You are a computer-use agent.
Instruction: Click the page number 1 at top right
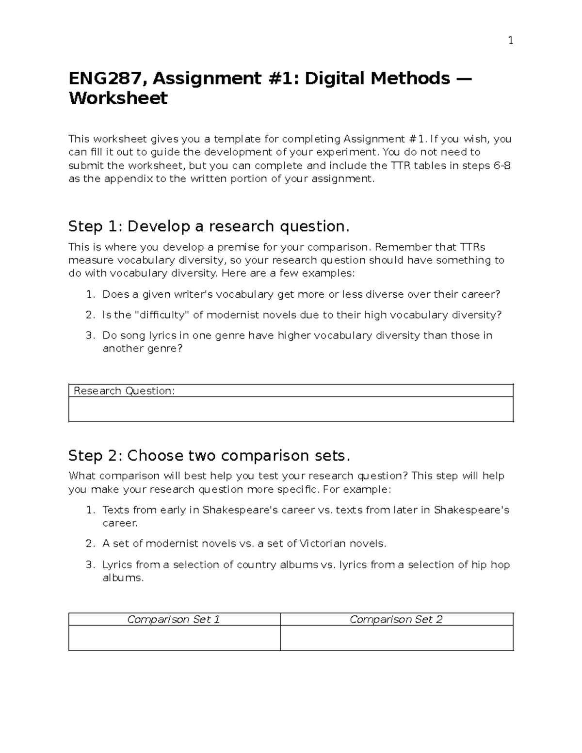click(x=510, y=41)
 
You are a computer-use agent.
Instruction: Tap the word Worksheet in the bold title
click(x=118, y=98)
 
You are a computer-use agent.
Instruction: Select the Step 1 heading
click(x=209, y=226)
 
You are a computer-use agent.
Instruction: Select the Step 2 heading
click(x=209, y=456)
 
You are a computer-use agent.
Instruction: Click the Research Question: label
click(x=124, y=391)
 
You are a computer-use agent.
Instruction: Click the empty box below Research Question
click(x=291, y=409)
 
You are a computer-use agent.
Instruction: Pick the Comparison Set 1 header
click(x=174, y=619)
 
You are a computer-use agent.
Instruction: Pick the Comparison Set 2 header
click(x=396, y=619)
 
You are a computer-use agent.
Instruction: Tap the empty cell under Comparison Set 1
click(x=174, y=638)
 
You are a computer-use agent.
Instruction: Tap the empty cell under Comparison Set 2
click(x=396, y=638)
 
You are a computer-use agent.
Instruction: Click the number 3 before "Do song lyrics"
click(x=89, y=336)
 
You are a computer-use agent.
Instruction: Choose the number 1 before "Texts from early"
click(x=89, y=510)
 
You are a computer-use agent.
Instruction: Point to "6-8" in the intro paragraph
click(x=502, y=166)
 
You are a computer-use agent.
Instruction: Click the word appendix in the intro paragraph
click(x=129, y=179)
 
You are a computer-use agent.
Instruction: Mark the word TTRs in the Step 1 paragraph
click(x=472, y=247)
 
